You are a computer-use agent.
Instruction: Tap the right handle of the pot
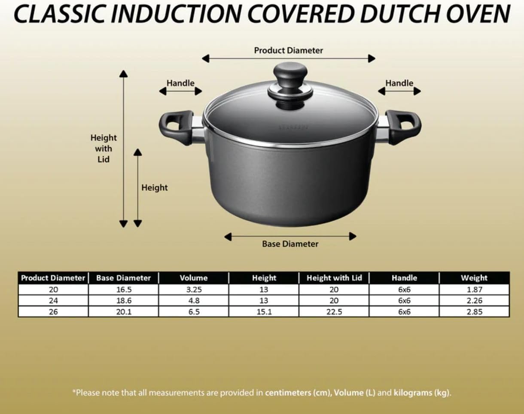[x=403, y=126]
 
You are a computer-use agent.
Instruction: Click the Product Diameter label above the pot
[x=288, y=50]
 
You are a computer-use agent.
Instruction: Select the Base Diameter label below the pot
[x=290, y=244]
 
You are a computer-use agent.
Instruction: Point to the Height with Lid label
[x=103, y=149]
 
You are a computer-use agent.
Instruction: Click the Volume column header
[x=194, y=278]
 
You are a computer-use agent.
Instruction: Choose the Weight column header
[x=474, y=278]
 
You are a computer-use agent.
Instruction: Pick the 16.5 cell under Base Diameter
[x=123, y=289]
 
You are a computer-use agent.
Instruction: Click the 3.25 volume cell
[x=194, y=289]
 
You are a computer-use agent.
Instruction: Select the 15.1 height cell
[x=264, y=312]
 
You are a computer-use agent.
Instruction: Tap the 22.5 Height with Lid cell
[x=334, y=312]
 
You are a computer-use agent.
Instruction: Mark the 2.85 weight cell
[x=475, y=312]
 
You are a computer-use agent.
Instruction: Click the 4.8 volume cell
[x=194, y=301]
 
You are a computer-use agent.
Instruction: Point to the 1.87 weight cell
[x=475, y=289]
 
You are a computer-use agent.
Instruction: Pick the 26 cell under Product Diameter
[x=53, y=312]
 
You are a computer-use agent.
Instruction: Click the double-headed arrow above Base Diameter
[x=290, y=236]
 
